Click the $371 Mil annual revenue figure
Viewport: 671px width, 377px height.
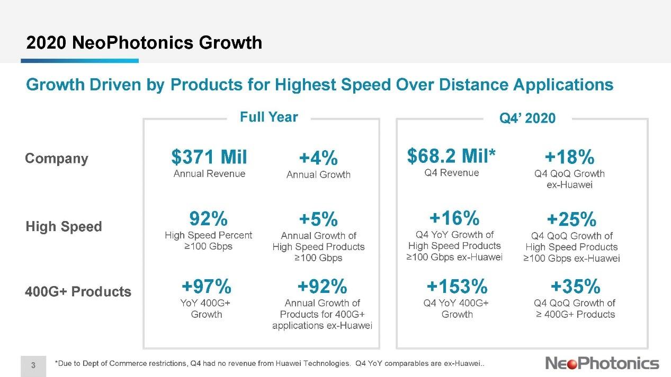(x=209, y=157)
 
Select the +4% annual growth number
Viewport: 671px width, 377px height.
(x=318, y=158)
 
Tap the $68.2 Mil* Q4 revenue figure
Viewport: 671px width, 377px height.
(x=452, y=156)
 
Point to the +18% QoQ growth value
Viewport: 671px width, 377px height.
(x=569, y=157)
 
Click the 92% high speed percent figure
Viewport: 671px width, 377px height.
(x=209, y=218)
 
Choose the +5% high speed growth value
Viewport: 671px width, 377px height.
(x=318, y=219)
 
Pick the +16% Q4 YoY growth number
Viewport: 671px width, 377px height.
(x=454, y=218)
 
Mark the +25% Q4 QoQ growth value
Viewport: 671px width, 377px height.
(x=571, y=219)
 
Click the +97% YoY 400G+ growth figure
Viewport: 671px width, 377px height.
(x=207, y=287)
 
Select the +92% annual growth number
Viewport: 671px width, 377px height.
(x=322, y=287)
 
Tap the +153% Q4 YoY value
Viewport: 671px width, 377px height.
(x=457, y=287)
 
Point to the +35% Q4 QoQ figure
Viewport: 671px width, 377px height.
(x=575, y=287)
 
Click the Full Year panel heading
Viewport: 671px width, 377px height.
(x=269, y=117)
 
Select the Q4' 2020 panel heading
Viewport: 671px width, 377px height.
(x=527, y=118)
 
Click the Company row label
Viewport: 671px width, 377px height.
(x=57, y=159)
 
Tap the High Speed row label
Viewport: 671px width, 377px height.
(x=64, y=227)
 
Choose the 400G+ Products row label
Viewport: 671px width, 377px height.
(x=78, y=291)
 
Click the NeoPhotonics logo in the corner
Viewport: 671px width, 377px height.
(x=602, y=363)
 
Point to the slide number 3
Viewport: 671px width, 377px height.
(x=33, y=364)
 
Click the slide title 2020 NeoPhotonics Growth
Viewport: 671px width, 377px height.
(x=144, y=42)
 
